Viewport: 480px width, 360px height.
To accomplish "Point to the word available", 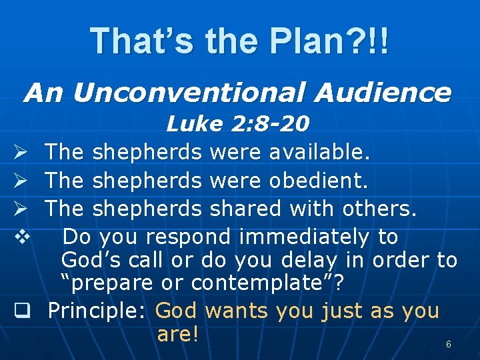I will point(319,153).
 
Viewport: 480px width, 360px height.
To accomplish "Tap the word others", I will point(379,209).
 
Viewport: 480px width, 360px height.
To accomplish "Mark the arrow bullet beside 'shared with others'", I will point(21,209).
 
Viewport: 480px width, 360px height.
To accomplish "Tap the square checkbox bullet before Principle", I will point(21,311).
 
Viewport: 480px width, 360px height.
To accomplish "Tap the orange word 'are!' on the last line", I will point(178,334).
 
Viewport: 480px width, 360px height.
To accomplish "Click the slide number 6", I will point(449,345).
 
